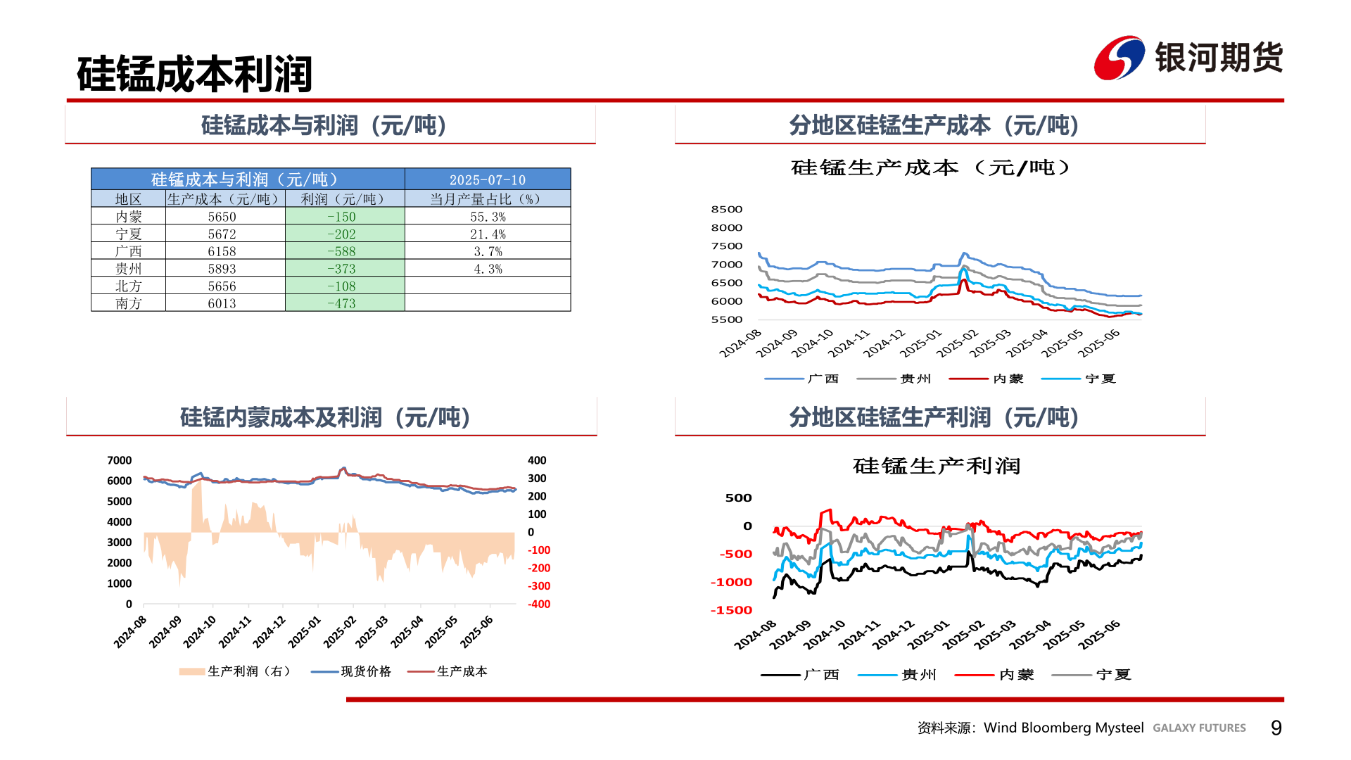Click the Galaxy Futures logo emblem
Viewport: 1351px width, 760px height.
[1119, 58]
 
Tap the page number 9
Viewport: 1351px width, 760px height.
[1276, 728]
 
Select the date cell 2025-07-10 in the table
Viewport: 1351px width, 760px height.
[488, 180]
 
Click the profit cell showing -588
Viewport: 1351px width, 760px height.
[342, 251]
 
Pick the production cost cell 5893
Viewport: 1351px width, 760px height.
[222, 269]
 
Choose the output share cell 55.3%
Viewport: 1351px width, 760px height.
[488, 217]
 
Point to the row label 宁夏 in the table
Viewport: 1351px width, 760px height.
[129, 234]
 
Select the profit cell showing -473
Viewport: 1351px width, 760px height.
[342, 303]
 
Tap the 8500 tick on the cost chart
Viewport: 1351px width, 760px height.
[727, 209]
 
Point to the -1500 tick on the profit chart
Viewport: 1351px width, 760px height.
[731, 610]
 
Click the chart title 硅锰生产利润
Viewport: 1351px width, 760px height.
[937, 466]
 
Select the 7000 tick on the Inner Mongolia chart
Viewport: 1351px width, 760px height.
[120, 460]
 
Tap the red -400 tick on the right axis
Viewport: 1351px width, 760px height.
[539, 604]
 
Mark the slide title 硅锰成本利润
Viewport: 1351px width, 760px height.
[194, 74]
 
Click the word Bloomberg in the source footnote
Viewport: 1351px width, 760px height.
[1063, 728]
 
